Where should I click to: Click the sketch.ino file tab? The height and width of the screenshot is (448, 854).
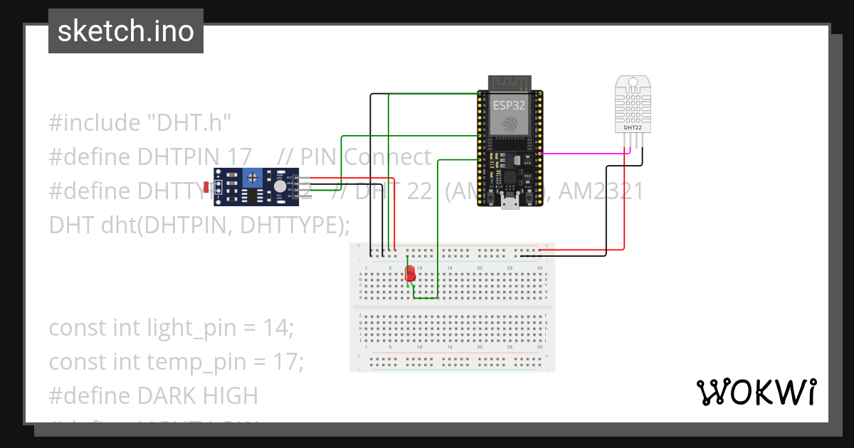[x=126, y=31]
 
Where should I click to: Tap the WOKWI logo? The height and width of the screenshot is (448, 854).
[x=755, y=392]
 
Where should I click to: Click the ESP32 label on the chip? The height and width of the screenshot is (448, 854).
[x=510, y=105]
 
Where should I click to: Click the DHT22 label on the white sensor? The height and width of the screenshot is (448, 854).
[x=632, y=129]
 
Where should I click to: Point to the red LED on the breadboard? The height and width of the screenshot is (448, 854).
[x=410, y=274]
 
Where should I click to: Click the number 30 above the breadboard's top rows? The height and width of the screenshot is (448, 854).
[x=539, y=267]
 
